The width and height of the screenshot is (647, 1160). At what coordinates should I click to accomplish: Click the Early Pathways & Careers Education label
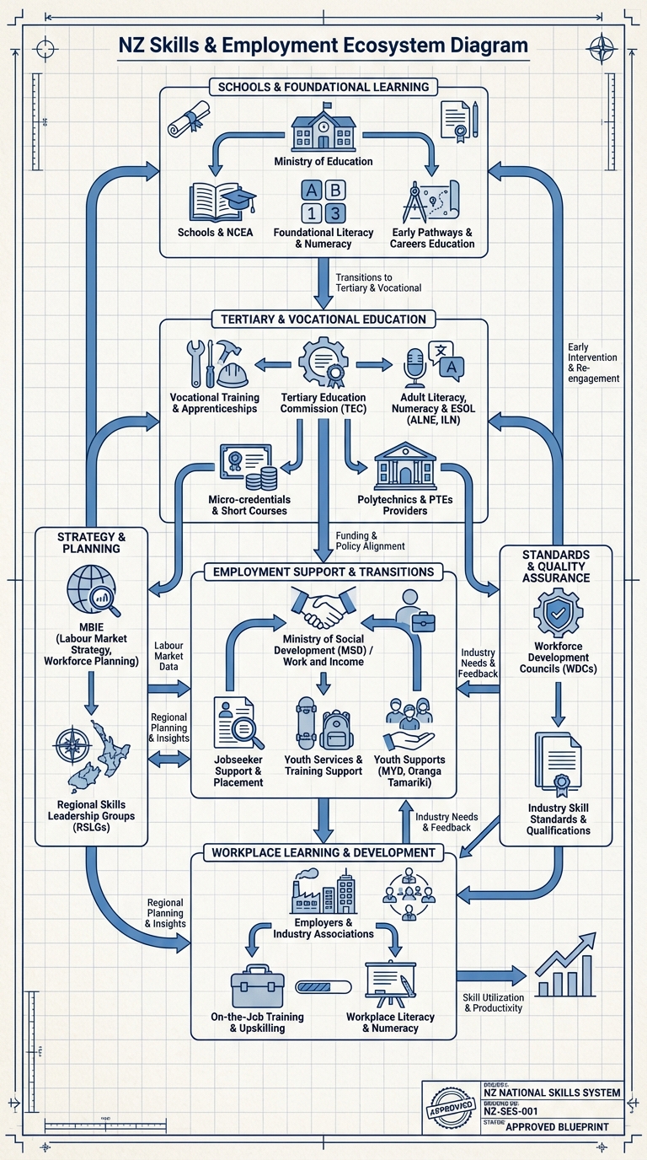pos(432,238)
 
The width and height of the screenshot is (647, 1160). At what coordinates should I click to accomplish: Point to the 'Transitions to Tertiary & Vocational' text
pos(378,282)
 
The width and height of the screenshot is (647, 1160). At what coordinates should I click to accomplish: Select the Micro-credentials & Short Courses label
pos(247,505)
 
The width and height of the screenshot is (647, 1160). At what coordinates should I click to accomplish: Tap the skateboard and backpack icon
pos(323,722)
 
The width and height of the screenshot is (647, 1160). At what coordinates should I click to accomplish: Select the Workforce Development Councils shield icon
pos(558,614)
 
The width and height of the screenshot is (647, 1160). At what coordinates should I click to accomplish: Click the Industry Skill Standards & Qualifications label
pos(559,819)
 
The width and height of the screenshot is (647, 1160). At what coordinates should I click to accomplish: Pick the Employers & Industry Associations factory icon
pos(323,893)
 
